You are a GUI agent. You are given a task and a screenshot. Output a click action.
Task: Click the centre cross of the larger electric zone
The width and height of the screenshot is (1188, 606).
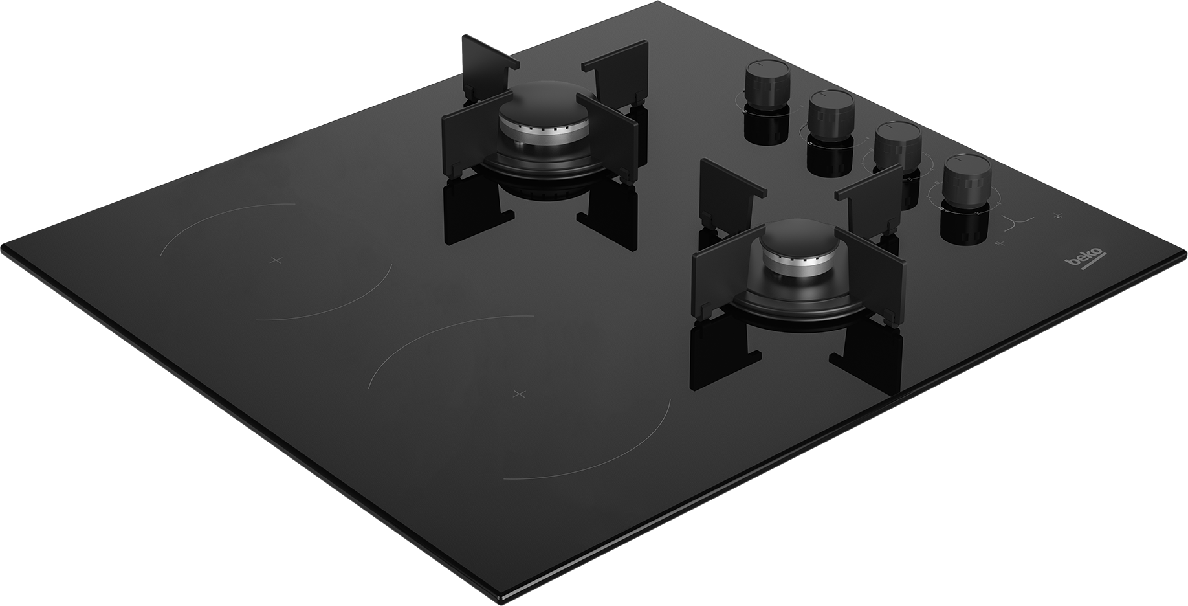coord(518,393)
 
